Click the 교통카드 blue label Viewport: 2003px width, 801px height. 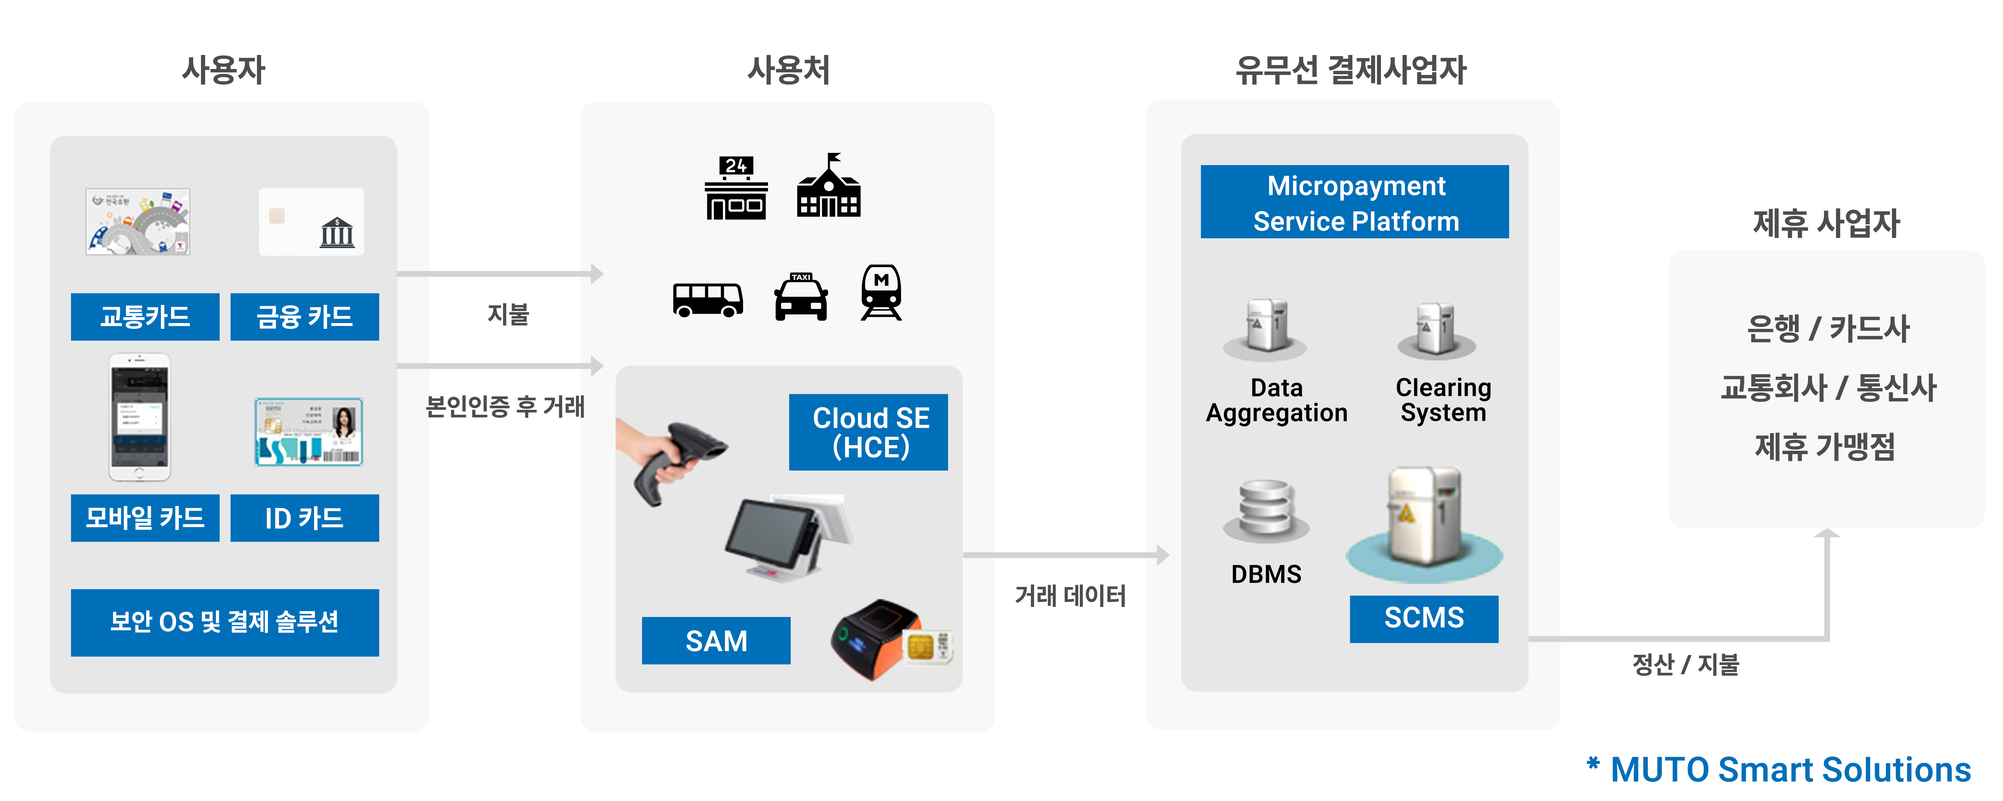click(145, 317)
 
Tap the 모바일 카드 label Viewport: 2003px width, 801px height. click(145, 518)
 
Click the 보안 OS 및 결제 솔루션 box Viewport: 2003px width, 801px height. click(225, 622)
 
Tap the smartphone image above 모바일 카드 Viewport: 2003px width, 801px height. click(139, 418)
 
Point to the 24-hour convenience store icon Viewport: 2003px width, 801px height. click(736, 189)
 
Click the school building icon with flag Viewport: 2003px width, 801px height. click(829, 187)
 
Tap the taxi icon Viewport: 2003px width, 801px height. click(801, 297)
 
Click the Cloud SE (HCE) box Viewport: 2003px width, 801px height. click(869, 432)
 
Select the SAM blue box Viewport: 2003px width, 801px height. click(716, 641)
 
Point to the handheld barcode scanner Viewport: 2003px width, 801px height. click(669, 459)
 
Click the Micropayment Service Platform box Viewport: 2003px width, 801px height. click(1354, 202)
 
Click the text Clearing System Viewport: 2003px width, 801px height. click(1443, 400)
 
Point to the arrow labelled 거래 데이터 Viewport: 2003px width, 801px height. click(1065, 555)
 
